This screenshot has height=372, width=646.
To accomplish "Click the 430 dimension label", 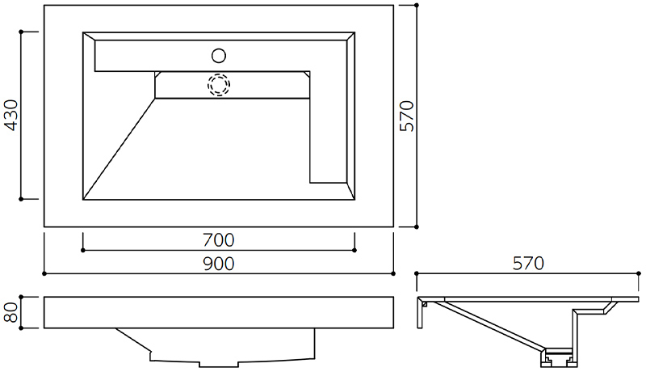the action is [x=11, y=115].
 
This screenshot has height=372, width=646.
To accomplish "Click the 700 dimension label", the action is [x=218, y=240].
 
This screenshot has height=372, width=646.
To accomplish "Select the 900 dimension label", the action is [x=218, y=264].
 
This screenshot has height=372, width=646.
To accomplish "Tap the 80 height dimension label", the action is [x=11, y=312].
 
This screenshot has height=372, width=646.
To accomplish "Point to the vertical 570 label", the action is [x=407, y=116].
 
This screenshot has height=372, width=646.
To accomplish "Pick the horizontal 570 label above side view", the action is [x=528, y=263].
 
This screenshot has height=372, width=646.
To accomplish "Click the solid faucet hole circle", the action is [x=219, y=56].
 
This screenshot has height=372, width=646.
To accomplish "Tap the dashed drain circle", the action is [x=219, y=85].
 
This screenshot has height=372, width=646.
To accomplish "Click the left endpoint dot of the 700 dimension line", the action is [x=83, y=251].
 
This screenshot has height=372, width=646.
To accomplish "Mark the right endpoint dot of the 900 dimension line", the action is [x=393, y=273].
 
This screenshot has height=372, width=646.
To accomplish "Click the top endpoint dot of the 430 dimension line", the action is [x=21, y=32].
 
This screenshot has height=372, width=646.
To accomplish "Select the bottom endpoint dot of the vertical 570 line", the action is [x=417, y=226].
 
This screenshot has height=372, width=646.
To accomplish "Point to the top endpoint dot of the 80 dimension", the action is [x=21, y=297].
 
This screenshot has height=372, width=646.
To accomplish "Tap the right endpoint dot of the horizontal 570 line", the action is [x=639, y=273].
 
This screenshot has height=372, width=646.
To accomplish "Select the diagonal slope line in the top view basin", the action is [x=119, y=149].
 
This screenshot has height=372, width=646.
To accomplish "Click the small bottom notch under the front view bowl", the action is [x=219, y=365].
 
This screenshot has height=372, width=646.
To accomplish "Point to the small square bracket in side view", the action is [x=425, y=304].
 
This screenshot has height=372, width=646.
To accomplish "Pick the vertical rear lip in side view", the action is [x=420, y=313].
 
